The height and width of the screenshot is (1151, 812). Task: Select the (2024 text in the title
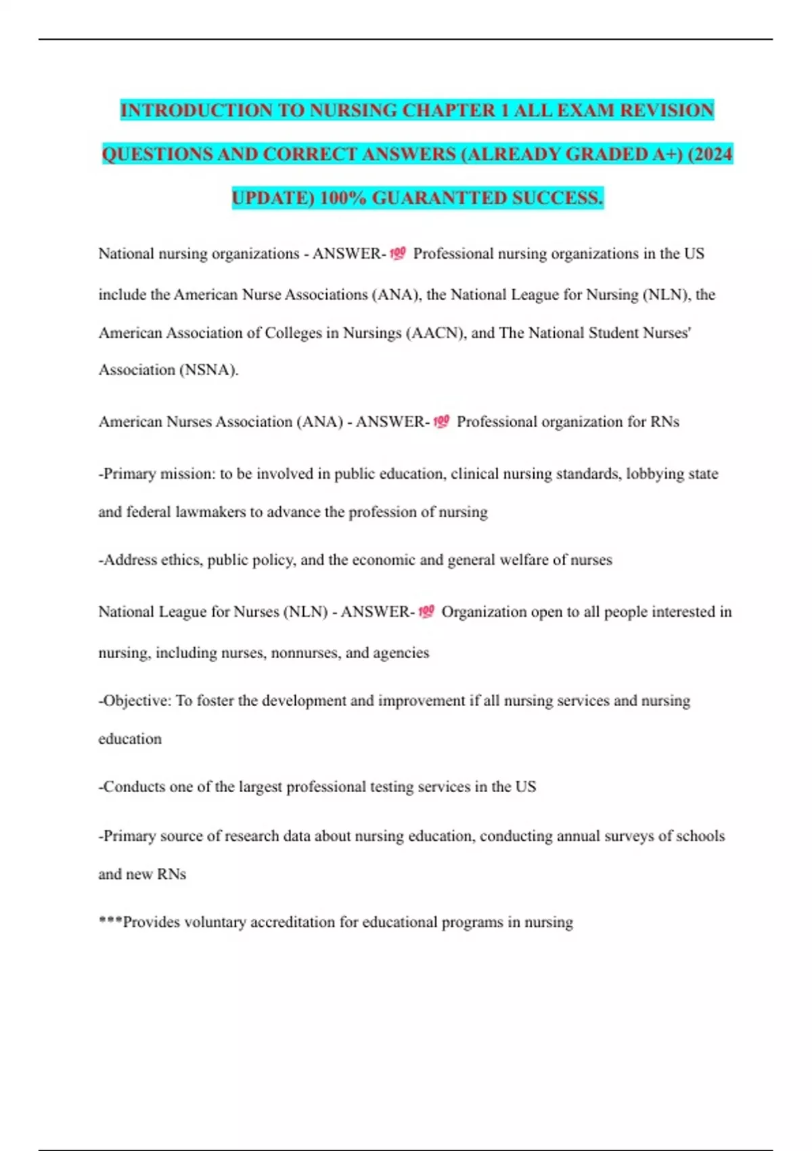710,154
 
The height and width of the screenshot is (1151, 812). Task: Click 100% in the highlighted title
342,198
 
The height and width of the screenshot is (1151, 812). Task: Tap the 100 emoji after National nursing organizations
398,254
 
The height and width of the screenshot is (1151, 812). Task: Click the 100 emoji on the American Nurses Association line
441,422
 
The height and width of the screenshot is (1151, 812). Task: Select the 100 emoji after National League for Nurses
426,612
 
